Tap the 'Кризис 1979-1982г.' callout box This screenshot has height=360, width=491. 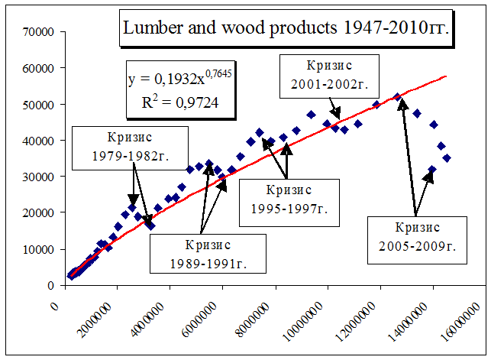pos(131,148)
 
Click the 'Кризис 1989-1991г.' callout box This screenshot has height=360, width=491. pos(207,255)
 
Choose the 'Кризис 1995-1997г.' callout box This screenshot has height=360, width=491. pos(289,203)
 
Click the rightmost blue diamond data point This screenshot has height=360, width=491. pos(447,158)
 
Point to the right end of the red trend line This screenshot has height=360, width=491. pos(446,76)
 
